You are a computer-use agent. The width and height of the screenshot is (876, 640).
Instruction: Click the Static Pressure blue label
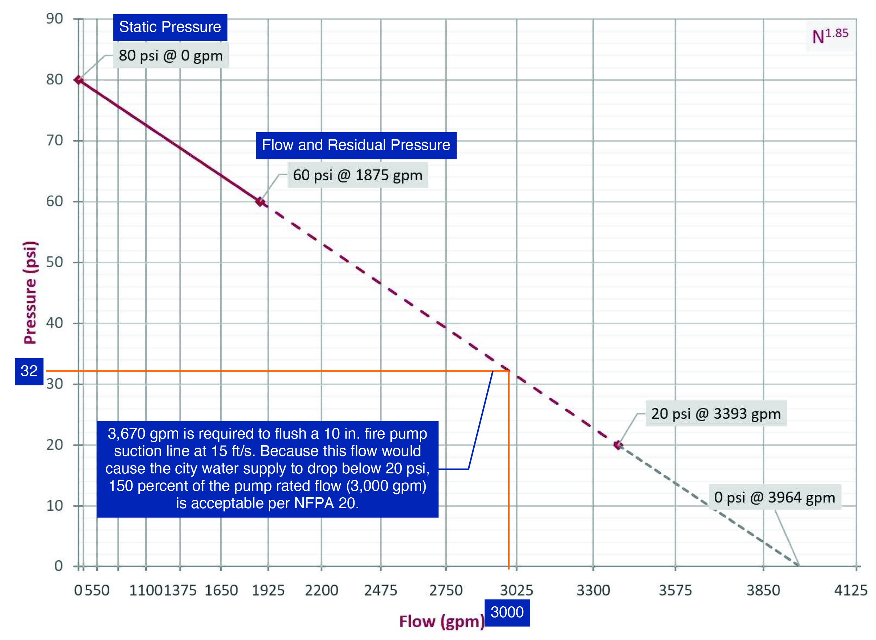click(170, 27)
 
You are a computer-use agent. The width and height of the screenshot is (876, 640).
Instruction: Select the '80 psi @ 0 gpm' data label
click(171, 56)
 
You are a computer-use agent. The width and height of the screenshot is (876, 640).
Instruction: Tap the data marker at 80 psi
click(79, 80)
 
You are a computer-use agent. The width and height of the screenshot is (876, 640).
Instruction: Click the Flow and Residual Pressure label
click(356, 145)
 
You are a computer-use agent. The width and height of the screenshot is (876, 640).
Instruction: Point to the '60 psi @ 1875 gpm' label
click(357, 175)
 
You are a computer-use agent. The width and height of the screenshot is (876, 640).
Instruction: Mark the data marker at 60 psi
click(260, 202)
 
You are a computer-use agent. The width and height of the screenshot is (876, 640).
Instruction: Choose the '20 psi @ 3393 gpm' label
click(716, 414)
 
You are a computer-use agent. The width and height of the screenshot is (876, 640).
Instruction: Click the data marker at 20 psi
click(618, 445)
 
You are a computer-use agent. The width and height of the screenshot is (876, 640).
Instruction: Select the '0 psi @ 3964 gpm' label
click(775, 497)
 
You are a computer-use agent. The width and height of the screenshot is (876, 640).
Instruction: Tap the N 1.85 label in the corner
click(830, 37)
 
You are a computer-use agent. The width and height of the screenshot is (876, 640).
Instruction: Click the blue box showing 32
click(29, 371)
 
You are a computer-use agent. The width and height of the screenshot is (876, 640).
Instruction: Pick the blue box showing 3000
click(507, 612)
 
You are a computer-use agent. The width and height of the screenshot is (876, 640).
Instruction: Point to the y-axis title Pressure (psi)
click(30, 293)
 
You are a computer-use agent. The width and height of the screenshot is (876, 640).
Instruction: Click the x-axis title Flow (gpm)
click(441, 622)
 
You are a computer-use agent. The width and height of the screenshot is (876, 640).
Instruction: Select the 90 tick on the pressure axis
click(55, 18)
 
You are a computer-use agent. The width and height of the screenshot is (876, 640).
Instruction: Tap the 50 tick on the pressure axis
click(55, 262)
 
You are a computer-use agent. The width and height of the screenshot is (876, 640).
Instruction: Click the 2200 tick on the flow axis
click(322, 590)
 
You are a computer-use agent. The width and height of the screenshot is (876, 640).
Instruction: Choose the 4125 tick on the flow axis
click(850, 590)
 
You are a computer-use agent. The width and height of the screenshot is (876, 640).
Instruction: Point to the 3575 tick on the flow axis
click(675, 590)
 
